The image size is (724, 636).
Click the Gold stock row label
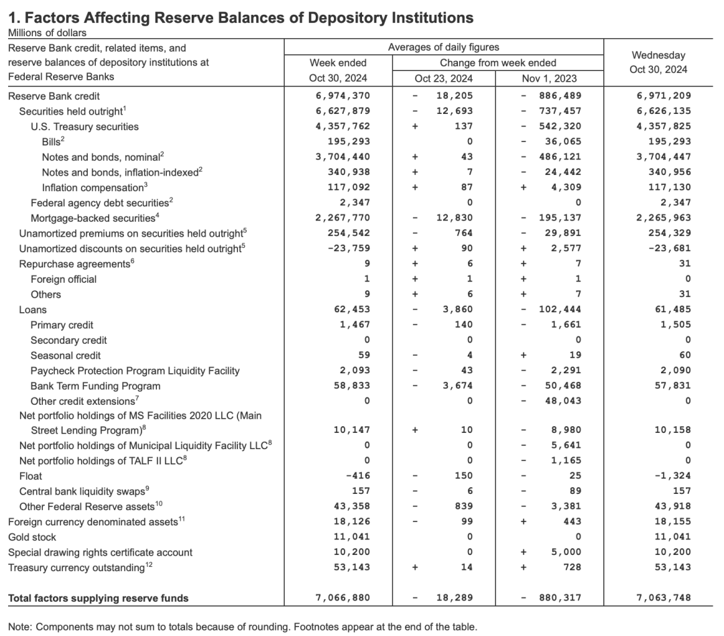tap(32, 537)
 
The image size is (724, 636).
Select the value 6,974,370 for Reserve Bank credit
tap(342, 96)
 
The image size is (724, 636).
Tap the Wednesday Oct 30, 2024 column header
tap(658, 62)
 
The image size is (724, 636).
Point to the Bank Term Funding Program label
tap(95, 386)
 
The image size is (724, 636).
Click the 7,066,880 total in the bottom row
tap(342, 598)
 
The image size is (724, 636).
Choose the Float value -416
tap(357, 476)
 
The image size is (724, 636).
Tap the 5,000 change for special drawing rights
tap(568, 552)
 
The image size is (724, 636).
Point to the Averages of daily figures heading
tap(444, 48)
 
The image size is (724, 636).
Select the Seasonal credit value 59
tap(363, 355)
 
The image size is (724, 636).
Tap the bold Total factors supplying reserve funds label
tap(99, 598)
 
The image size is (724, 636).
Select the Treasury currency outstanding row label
tap(76, 568)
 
